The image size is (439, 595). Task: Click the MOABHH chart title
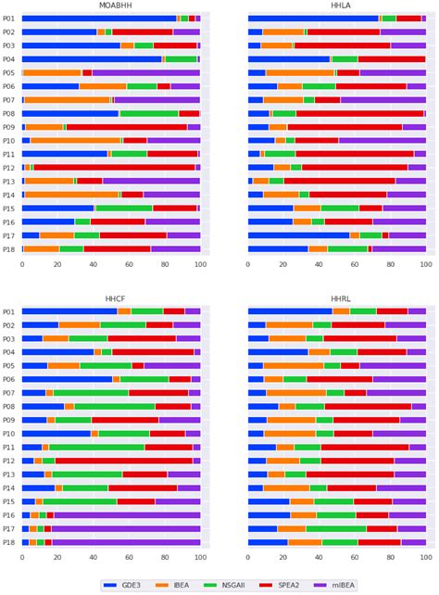pyautogui.click(x=110, y=6)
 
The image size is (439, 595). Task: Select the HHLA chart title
pyautogui.click(x=337, y=6)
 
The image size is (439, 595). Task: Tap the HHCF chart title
pyautogui.click(x=110, y=299)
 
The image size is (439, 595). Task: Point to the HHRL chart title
pyautogui.click(x=337, y=299)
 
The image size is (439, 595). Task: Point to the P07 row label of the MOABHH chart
pyautogui.click(x=8, y=99)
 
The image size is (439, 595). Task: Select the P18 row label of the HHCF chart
pyautogui.click(x=8, y=541)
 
